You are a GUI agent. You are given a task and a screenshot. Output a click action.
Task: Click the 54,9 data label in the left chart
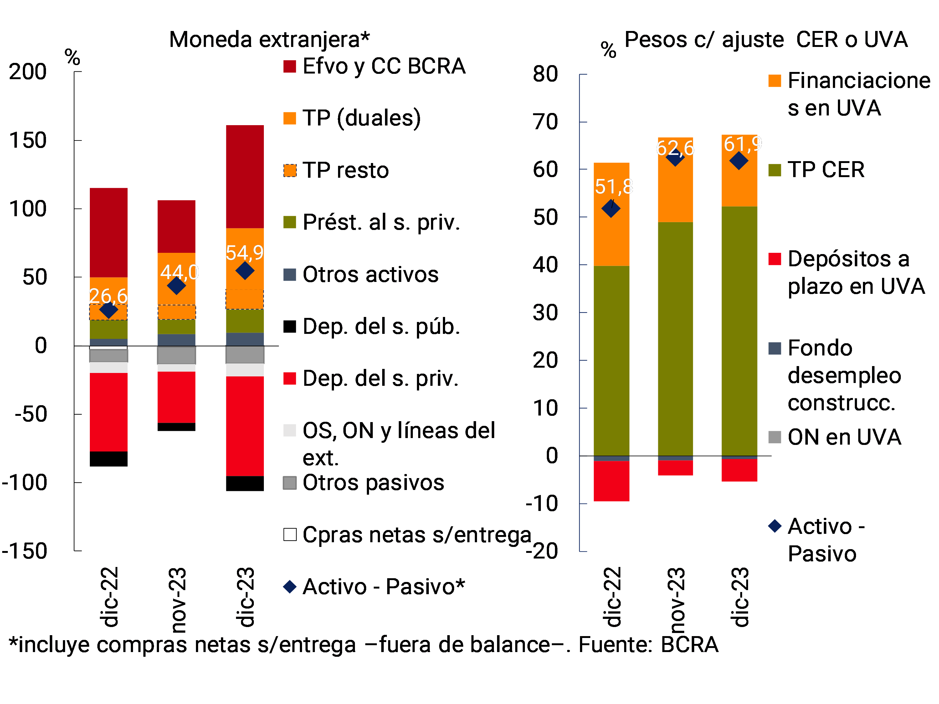click(x=244, y=253)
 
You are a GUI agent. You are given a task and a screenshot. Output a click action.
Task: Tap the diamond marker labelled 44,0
click(x=176, y=286)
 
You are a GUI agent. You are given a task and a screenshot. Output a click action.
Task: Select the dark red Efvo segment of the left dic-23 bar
click(x=244, y=176)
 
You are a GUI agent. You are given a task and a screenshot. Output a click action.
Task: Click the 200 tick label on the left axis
click(x=28, y=72)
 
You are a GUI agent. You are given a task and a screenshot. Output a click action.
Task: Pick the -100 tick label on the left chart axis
click(x=25, y=482)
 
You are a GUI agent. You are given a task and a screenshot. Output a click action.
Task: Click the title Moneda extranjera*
click(x=269, y=39)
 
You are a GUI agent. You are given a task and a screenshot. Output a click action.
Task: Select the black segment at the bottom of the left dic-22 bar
click(x=109, y=459)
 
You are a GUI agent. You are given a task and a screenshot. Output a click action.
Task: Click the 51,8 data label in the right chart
click(x=613, y=187)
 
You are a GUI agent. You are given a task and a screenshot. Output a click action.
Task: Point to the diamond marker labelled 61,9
click(x=739, y=161)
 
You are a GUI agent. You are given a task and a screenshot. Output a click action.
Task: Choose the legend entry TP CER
click(x=825, y=170)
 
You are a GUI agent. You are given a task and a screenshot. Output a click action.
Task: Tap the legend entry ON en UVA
click(x=844, y=437)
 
